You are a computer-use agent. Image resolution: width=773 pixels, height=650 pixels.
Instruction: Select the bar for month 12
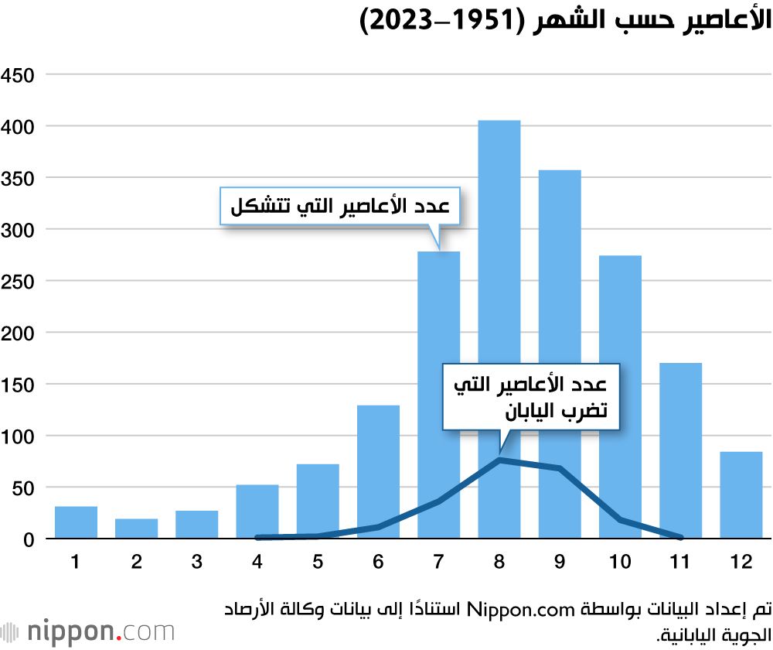pos(741,495)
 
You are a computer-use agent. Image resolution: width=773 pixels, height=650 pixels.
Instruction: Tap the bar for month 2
pos(136,529)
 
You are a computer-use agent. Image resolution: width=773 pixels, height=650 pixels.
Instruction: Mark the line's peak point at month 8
pos(499,460)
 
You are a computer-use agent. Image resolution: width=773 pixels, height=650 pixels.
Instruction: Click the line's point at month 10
pos(620,520)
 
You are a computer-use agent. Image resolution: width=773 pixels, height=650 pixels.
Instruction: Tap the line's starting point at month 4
pos(257,537)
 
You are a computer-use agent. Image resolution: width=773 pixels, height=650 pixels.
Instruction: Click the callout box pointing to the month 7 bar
pos(340,206)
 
